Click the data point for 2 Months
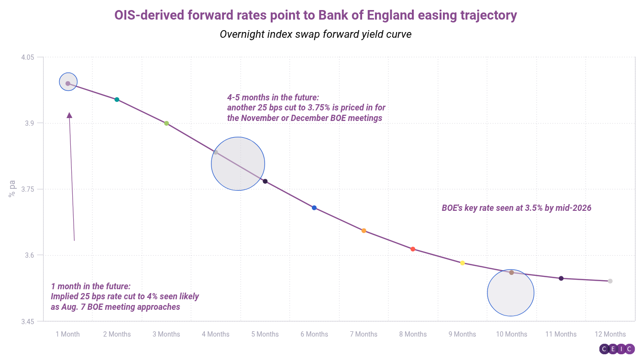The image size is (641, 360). tap(117, 99)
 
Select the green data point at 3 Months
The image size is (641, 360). tap(166, 123)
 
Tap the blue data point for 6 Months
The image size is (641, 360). tap(314, 208)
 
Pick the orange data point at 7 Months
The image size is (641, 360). tap(364, 231)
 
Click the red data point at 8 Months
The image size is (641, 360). tap(413, 249)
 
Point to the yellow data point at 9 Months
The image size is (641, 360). tap(462, 263)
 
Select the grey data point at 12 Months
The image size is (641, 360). tap(610, 281)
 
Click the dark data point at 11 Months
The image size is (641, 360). tap(561, 278)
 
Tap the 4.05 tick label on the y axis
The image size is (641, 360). tap(28, 57)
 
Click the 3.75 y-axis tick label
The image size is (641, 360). tap(28, 189)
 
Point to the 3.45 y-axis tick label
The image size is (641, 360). tap(28, 321)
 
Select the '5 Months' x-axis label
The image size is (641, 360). tap(265, 334)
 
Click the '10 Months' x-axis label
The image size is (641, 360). tap(511, 334)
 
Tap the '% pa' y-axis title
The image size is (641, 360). tap(12, 189)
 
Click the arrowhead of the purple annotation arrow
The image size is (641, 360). tap(69, 115)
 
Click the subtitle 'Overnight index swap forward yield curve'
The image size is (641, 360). tap(316, 34)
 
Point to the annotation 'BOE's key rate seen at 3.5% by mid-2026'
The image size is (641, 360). tap(517, 208)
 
